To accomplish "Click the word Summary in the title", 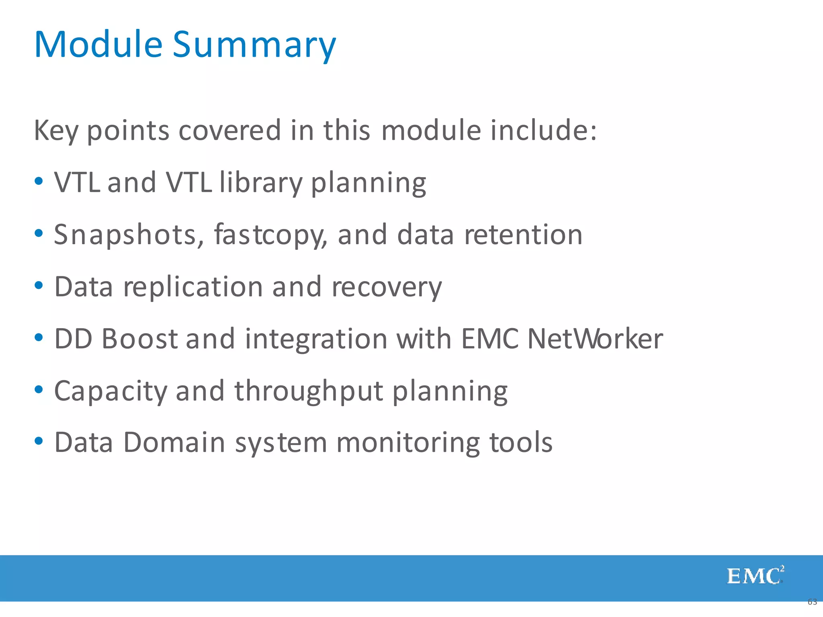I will (254, 45).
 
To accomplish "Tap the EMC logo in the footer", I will (755, 576).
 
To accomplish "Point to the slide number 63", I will (812, 602).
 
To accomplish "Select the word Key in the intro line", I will (56, 131).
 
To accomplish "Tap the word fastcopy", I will (270, 235).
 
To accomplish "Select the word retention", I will (523, 235).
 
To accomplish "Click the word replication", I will (193, 287).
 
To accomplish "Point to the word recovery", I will (387, 287).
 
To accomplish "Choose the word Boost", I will (139, 339).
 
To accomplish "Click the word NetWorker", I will (595, 339).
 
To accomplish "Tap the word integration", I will (316, 339).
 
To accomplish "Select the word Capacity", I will (111, 391).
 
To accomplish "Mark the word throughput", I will (309, 391).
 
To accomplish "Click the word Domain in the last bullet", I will (174, 443).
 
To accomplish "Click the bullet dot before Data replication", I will (39, 286).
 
